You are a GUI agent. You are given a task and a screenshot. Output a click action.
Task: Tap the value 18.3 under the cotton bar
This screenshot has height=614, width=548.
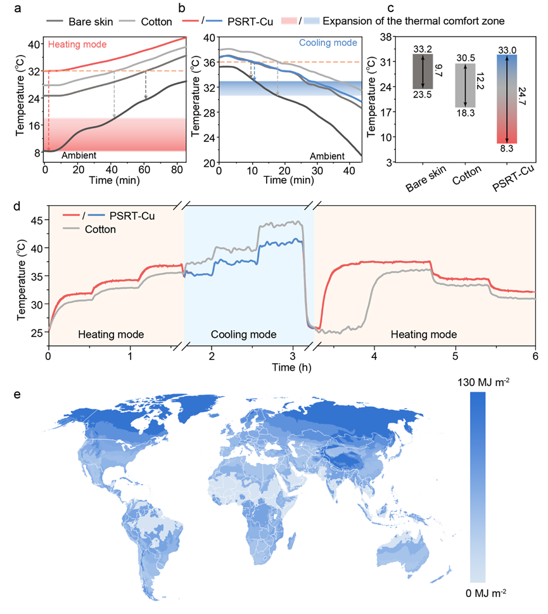coord(466,112)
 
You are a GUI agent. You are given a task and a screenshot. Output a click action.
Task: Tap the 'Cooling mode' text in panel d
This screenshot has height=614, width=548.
coord(244,335)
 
